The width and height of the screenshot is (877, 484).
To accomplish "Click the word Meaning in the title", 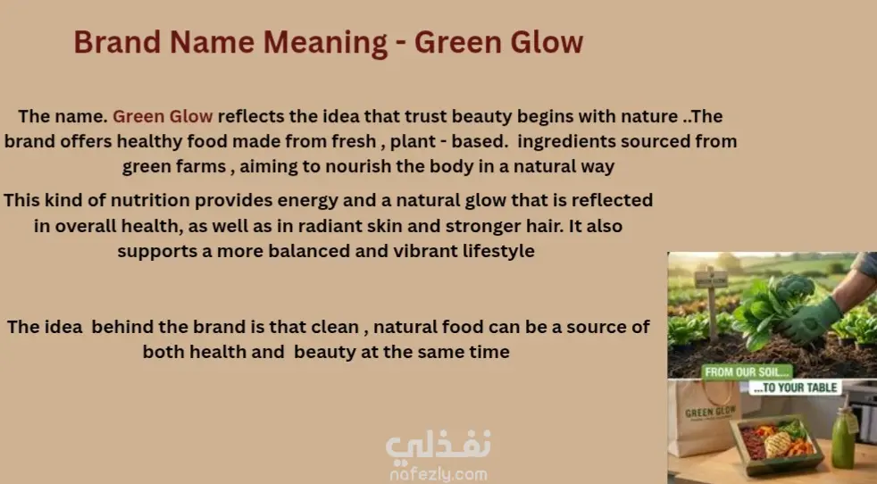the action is (x=325, y=43).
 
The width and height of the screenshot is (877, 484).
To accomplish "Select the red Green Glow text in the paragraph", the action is (x=163, y=116).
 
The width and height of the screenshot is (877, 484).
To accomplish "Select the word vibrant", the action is (x=425, y=251).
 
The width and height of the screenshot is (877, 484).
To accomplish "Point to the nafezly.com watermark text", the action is (x=438, y=475).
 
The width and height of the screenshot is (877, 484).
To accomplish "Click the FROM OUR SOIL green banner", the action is (x=748, y=372).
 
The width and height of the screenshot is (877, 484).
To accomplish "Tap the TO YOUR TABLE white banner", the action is (x=796, y=388).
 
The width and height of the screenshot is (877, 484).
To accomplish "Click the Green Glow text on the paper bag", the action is (x=710, y=413).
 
